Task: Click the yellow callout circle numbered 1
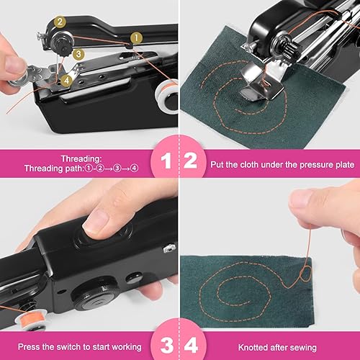[x=136, y=37]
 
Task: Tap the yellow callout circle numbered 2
[x=60, y=22]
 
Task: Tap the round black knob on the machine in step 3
[x=86, y=295]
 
